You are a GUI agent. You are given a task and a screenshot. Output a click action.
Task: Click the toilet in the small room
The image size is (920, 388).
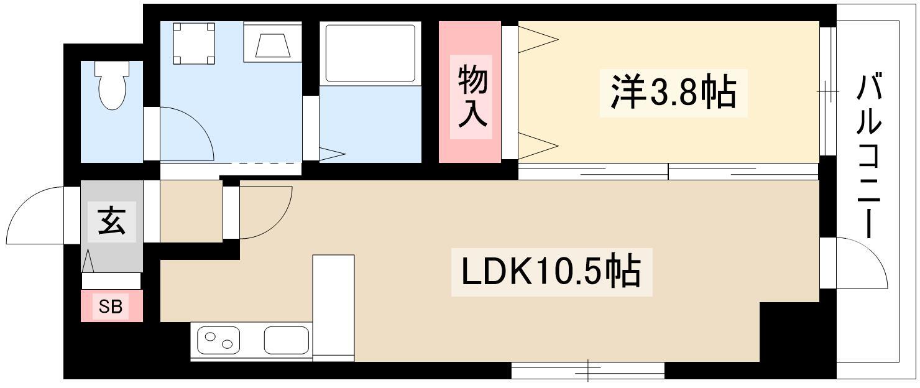point(113,85)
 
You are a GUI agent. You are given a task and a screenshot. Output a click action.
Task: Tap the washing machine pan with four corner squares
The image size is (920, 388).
point(194,44)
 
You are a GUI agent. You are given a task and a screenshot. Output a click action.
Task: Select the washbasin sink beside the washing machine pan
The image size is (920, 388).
point(272,44)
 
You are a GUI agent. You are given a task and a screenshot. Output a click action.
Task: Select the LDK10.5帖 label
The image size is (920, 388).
point(550,270)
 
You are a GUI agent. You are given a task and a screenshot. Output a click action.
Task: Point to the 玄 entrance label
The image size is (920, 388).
point(113,222)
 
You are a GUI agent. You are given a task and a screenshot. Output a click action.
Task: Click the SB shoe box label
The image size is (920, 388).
point(111,306)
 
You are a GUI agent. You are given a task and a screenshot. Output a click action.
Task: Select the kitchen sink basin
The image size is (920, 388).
point(286,340)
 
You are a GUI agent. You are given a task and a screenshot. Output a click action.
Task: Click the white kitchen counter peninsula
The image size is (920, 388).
point(333,305)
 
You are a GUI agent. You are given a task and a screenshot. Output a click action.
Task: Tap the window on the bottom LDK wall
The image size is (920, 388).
point(587,371)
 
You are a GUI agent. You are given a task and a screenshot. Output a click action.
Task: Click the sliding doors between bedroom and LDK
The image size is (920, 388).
point(668,171)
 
